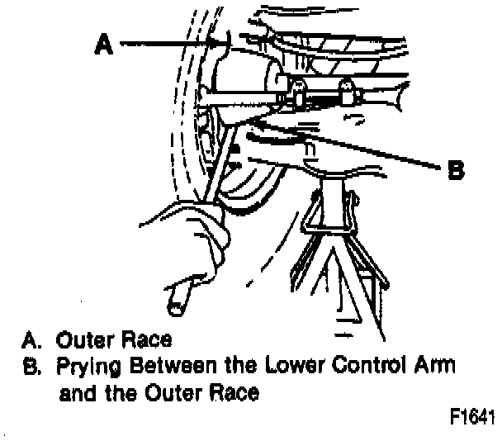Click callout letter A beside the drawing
(x=103, y=45)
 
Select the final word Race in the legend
(x=235, y=393)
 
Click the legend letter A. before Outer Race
(x=31, y=339)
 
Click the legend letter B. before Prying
(x=31, y=365)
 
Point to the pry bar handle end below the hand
(x=176, y=304)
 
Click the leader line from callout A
(x=165, y=44)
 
